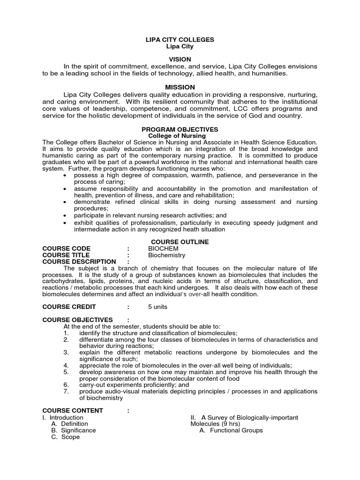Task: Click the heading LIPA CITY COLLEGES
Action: tap(180, 40)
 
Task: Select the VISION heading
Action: tap(180, 60)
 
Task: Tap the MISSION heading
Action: tap(180, 87)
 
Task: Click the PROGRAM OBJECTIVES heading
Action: tap(180, 129)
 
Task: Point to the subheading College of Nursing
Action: tap(180, 135)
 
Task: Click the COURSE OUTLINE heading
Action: tap(180, 242)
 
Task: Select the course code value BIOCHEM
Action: tap(164, 248)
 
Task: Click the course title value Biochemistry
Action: tap(167, 255)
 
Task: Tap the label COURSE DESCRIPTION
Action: tap(79, 262)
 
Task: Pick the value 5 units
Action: tap(157, 307)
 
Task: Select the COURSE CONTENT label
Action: tap(73, 411)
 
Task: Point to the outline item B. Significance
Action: tap(74, 430)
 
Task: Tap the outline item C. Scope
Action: tap(66, 437)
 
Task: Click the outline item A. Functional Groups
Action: tap(231, 430)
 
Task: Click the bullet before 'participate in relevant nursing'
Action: tap(66, 215)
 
